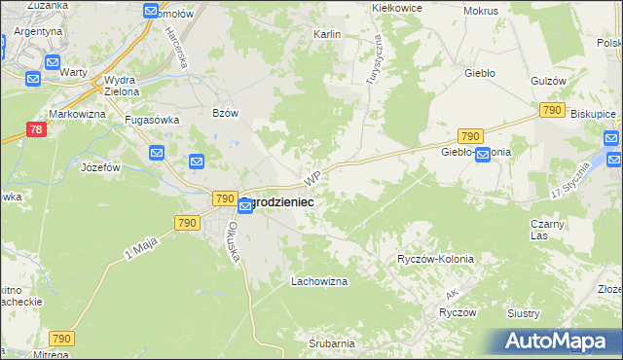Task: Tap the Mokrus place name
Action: pyautogui.click(x=481, y=11)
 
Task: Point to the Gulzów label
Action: pyautogui.click(x=549, y=81)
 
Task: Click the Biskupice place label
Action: pyautogui.click(x=594, y=113)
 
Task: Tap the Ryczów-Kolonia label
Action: pyautogui.click(x=435, y=259)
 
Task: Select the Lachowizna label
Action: pyautogui.click(x=319, y=281)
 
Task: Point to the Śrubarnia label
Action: pyautogui.click(x=332, y=343)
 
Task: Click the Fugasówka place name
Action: pyautogui.click(x=149, y=120)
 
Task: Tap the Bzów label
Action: pyautogui.click(x=225, y=113)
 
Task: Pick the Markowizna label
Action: pyautogui.click(x=77, y=115)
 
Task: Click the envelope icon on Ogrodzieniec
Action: pyautogui.click(x=246, y=207)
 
